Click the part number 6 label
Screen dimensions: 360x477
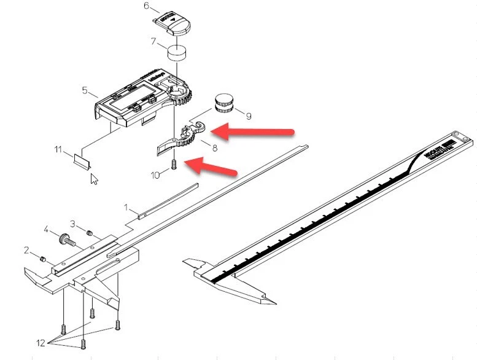click(x=146, y=6)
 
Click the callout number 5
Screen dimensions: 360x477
click(x=85, y=90)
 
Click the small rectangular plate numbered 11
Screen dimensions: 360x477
click(x=82, y=160)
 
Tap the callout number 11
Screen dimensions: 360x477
click(x=58, y=149)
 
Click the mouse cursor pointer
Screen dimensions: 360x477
click(x=94, y=179)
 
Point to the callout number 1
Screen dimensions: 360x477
click(x=127, y=208)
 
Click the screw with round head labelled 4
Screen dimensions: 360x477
click(x=64, y=238)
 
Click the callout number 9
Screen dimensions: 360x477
click(x=249, y=115)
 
